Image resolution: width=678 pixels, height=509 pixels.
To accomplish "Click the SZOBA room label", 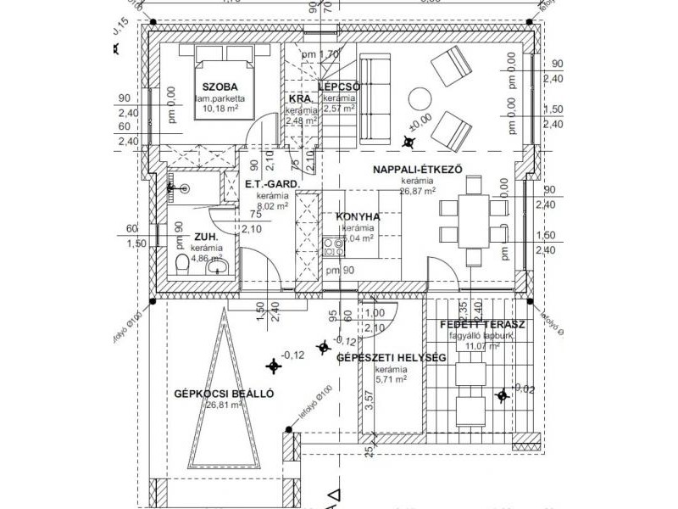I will point(219,87).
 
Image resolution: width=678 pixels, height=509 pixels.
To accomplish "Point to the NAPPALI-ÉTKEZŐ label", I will point(417,169).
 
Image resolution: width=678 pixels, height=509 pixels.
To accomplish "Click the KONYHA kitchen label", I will point(358,216).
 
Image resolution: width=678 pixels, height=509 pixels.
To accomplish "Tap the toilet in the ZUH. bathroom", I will point(181,265).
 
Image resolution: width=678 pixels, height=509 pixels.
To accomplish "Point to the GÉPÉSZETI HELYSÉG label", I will point(392,358).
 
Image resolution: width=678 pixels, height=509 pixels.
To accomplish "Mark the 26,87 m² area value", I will point(418,192).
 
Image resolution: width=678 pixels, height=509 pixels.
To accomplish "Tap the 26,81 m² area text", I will point(224,406).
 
